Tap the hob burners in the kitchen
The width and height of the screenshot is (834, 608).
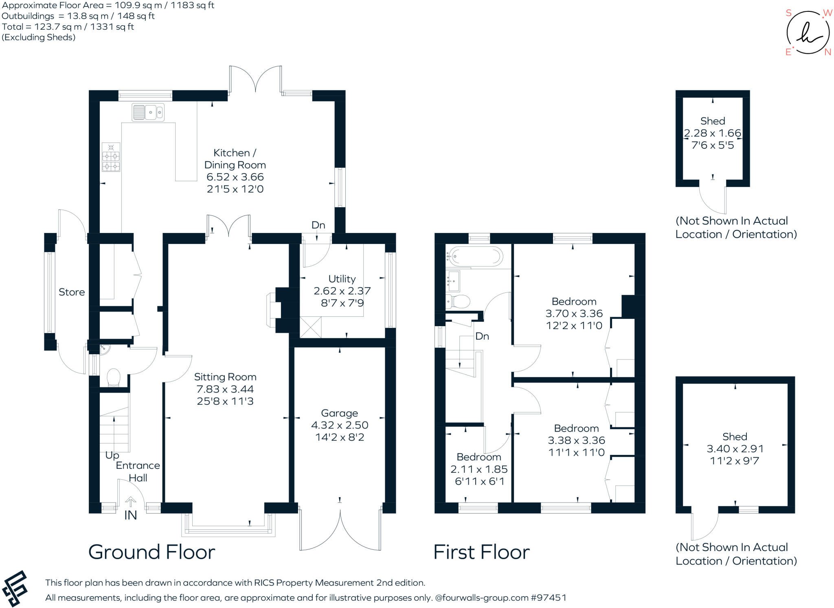tap(111, 161)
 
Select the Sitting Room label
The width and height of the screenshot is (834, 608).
tap(225, 377)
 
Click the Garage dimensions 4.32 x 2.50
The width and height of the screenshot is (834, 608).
tap(340, 425)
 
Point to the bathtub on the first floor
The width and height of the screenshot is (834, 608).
tap(475, 257)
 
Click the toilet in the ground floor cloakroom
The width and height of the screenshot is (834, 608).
tap(113, 377)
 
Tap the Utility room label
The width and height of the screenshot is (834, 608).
tap(342, 279)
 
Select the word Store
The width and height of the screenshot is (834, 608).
tap(72, 292)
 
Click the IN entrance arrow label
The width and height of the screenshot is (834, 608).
tap(130, 515)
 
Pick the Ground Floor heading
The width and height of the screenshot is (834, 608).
tap(151, 552)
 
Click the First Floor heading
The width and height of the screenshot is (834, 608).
tap(481, 552)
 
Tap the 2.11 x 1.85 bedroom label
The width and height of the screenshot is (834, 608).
tap(479, 469)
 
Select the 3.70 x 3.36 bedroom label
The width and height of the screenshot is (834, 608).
tap(574, 314)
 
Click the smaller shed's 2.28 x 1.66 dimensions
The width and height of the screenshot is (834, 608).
tap(713, 133)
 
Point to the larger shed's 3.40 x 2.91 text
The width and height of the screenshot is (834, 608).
tap(735, 449)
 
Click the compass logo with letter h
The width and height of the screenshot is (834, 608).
tap(808, 33)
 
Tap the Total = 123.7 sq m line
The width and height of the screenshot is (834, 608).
tap(68, 27)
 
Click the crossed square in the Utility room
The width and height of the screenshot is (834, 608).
tap(310, 327)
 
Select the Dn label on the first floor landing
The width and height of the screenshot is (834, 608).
tap(482, 336)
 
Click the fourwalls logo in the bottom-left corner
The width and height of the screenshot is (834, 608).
tap(15, 588)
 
